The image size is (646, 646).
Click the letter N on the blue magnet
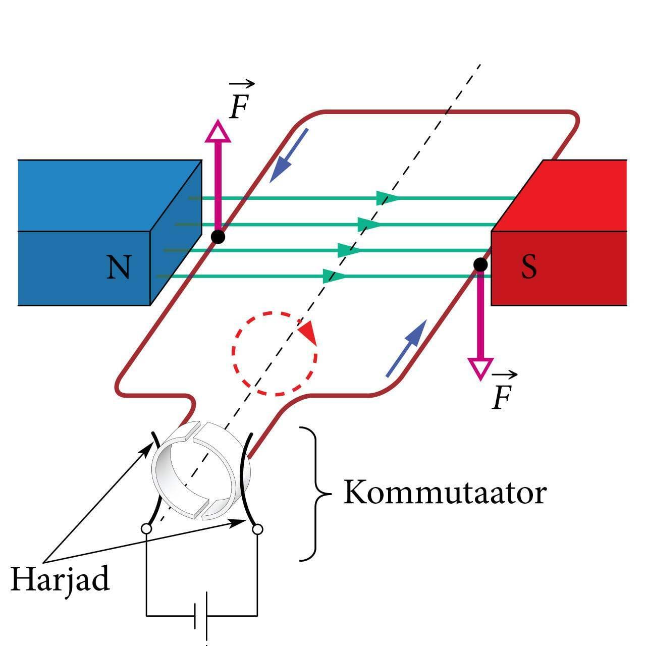coord(119,267)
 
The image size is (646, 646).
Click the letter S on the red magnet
coord(528,267)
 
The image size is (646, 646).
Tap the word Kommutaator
coord(445,492)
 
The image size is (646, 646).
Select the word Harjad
coord(60,579)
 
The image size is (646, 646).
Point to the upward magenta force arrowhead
coord(218,132)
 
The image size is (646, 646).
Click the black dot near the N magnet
coord(218,236)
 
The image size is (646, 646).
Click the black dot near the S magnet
coord(480,264)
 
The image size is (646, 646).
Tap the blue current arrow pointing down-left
coord(287,157)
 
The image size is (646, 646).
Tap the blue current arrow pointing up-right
coord(408,348)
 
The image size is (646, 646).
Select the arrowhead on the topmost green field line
coord(386,198)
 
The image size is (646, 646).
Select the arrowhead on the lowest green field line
coord(333,276)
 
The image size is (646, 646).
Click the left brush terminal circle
coord(146,529)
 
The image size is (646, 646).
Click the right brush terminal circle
coord(257,529)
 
